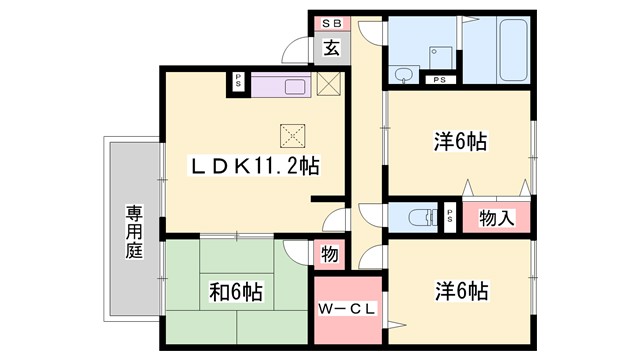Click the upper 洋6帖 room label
click(x=460, y=141)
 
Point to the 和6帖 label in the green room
click(x=236, y=292)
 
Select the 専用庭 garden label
click(x=133, y=232)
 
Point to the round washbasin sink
click(x=404, y=73)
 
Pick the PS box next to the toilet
click(x=449, y=216)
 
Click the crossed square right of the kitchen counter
click(x=329, y=84)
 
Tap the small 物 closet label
click(x=329, y=255)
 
